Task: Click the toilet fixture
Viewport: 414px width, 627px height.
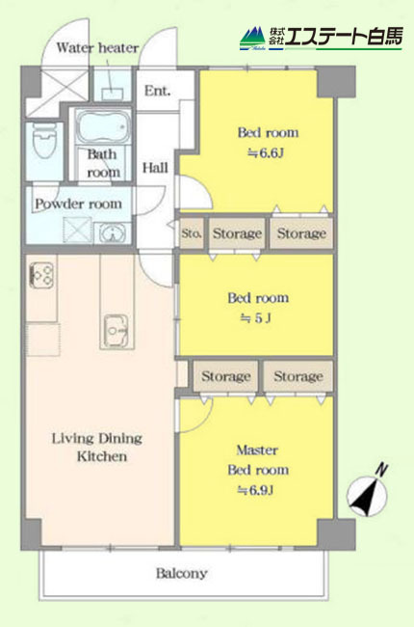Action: pos(43,141)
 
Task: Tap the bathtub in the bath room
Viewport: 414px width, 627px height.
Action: pos(103,127)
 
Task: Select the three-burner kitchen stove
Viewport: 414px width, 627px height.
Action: pos(41,275)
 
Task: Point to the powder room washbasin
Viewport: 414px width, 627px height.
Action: pos(113,232)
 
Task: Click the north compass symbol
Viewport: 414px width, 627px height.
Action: pos(368,492)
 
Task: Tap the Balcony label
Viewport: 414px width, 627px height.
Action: pos(181,573)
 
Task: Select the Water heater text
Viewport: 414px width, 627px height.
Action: pos(97,48)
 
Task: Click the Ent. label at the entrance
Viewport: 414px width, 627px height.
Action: pos(157,91)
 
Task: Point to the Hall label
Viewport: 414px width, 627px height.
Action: pos(155,168)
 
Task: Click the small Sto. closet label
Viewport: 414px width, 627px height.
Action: pos(192,233)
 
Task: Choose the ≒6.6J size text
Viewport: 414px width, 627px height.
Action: pos(266,153)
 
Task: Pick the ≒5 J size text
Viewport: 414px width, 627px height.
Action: pos(255,318)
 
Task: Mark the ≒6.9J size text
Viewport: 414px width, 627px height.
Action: pos(255,490)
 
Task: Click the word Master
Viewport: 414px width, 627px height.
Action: pos(257,450)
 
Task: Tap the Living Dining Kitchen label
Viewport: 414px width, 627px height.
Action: pos(97,447)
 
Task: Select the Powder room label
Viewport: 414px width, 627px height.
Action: pos(78,204)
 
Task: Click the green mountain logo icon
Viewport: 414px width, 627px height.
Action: pos(252,39)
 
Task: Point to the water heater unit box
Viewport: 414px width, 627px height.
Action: pos(113,95)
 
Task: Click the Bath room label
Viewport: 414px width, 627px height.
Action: pos(103,163)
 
